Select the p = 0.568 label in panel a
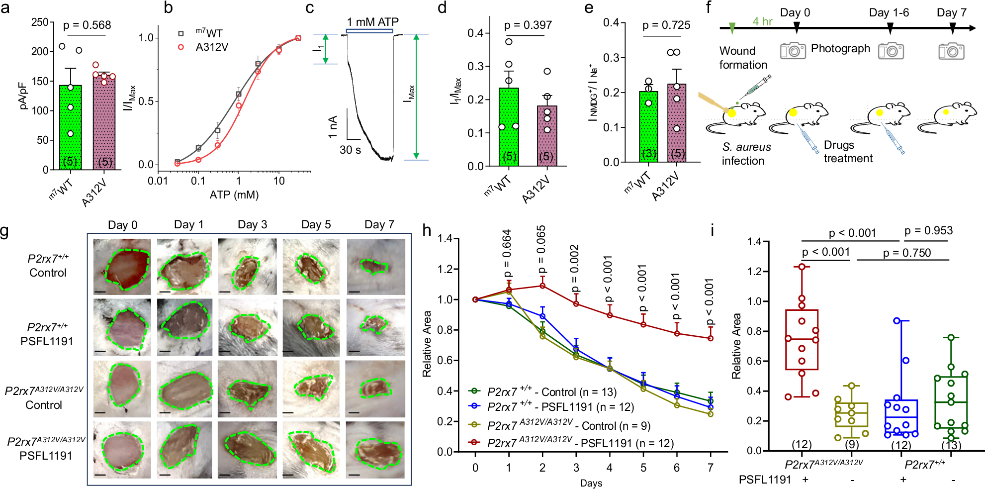coord(87,25)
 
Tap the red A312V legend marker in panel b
coord(181,47)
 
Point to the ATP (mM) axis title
coord(234,195)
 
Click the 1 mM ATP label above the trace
coord(372,22)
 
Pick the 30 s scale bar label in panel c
coord(350,150)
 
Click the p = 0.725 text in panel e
coord(666,25)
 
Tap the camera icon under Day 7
coord(951,51)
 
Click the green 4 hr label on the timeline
coord(762,21)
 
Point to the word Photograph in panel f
coord(840,48)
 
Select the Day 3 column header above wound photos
coord(252,224)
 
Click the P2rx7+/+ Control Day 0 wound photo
coord(122,267)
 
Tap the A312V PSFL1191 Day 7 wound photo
coord(375,450)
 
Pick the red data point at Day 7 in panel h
coord(711,338)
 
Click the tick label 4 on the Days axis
coord(610,468)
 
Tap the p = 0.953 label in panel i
coord(928,230)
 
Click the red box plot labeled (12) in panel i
coord(802,340)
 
